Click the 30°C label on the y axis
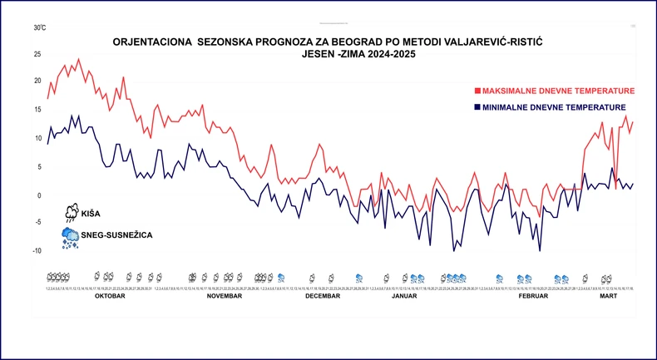pyautogui.click(x=39, y=27)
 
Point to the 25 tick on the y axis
pyautogui.click(x=37, y=55)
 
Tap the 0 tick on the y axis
pyautogui.click(x=38, y=195)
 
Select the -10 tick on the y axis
pyautogui.click(x=36, y=251)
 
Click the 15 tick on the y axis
pyautogui.click(x=37, y=110)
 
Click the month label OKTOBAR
pyautogui.click(x=110, y=296)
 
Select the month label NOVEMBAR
pyautogui.click(x=224, y=296)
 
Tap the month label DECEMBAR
pyautogui.click(x=323, y=296)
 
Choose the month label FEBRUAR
pyautogui.click(x=533, y=296)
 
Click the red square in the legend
pyautogui.click(x=477, y=91)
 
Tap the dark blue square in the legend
pyautogui.click(x=477, y=108)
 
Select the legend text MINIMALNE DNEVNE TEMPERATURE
pyautogui.click(x=555, y=108)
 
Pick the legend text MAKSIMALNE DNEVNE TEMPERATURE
pyautogui.click(x=559, y=91)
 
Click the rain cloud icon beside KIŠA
pyautogui.click(x=72, y=211)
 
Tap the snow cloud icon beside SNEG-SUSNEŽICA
pyautogui.click(x=70, y=237)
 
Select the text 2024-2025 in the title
pyautogui.click(x=380, y=55)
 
